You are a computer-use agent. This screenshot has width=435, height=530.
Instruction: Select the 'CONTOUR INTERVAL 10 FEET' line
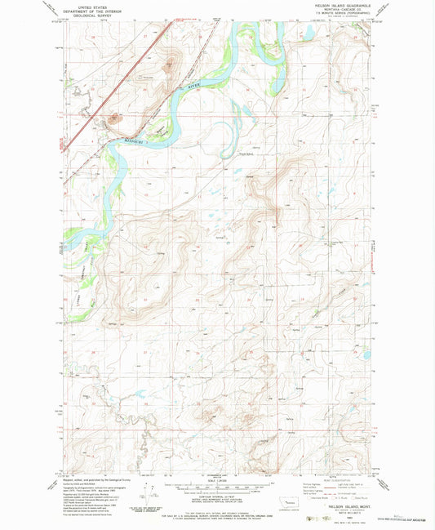217,497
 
